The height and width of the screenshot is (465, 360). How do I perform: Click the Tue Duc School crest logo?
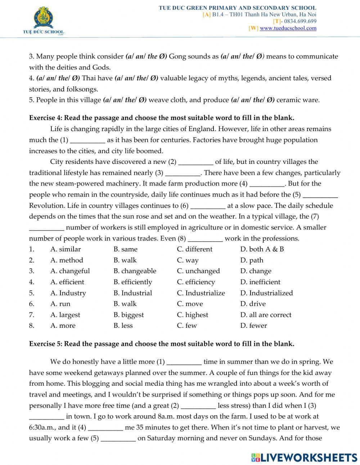[x=43, y=19]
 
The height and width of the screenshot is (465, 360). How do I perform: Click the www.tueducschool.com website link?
[x=288, y=28]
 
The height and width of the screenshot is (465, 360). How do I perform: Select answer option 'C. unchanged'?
[x=198, y=271]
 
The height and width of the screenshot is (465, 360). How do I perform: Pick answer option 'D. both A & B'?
[x=262, y=249]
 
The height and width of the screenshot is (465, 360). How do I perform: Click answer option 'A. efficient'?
[x=67, y=282]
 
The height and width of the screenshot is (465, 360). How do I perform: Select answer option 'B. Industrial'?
[x=132, y=293]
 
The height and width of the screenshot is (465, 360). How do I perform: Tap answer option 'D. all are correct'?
[x=266, y=314]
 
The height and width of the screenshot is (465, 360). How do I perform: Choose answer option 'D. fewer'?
[x=253, y=325]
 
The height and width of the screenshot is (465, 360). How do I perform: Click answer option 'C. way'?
[x=188, y=260]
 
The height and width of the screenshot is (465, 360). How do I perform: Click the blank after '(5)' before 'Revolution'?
[x=320, y=195]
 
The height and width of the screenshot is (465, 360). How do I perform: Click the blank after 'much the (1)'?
[x=87, y=140]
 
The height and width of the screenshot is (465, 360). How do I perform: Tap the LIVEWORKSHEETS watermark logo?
[x=304, y=457]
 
